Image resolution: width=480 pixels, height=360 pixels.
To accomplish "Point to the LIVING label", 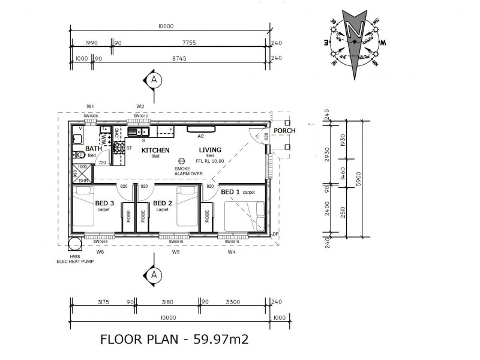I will tap(210, 150).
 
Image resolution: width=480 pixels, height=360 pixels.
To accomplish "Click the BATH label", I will tap(94, 148).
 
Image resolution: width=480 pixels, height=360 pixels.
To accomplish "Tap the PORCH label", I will tap(283, 131).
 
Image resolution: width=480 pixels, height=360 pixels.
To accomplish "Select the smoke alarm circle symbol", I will tap(182, 161).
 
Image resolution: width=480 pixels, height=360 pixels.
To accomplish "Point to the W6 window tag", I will tap(100, 252).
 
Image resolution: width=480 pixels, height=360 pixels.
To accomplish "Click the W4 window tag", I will tap(232, 252).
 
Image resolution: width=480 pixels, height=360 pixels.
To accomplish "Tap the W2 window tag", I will tap(140, 106).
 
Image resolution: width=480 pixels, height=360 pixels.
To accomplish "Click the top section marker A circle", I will tap(154, 79).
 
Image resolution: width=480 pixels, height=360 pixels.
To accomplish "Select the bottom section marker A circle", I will tap(154, 275).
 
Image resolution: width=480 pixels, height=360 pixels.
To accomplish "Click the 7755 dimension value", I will tap(188, 43).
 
